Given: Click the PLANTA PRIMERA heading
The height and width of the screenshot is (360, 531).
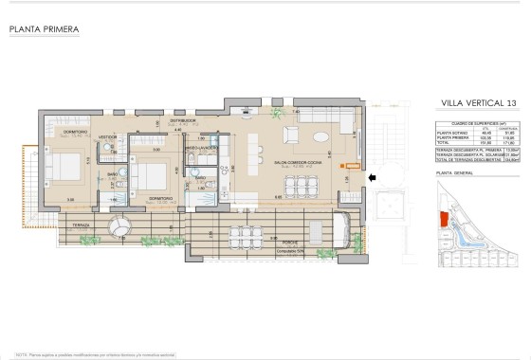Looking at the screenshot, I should point(44,29).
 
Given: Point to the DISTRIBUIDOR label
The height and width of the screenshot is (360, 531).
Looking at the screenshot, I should point(182,121).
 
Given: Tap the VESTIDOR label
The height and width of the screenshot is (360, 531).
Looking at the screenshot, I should point(107,136).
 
